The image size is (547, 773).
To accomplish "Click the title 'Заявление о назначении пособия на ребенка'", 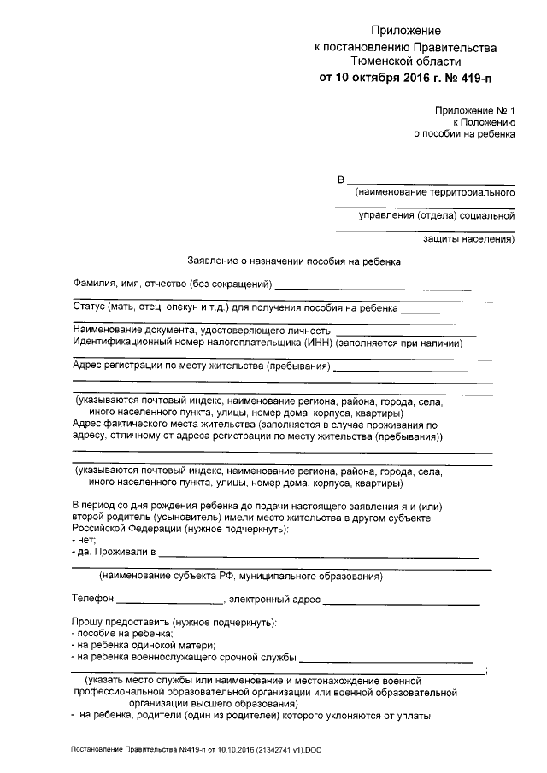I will coord(294,261).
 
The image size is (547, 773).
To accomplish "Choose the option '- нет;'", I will coord(84,542).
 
